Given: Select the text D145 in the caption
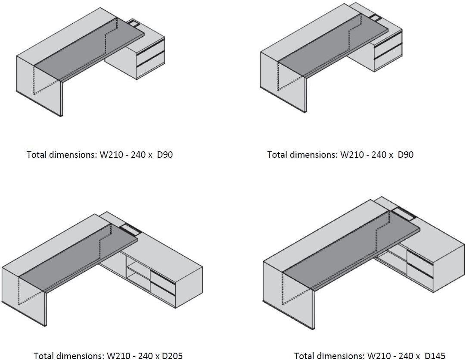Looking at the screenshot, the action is point(435,356).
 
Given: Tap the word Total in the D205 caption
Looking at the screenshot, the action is point(43,356).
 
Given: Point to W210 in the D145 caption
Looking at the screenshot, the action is point(377,356).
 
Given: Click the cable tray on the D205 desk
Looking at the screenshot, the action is point(129,230).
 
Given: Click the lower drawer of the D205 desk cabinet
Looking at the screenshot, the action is point(163,294).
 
